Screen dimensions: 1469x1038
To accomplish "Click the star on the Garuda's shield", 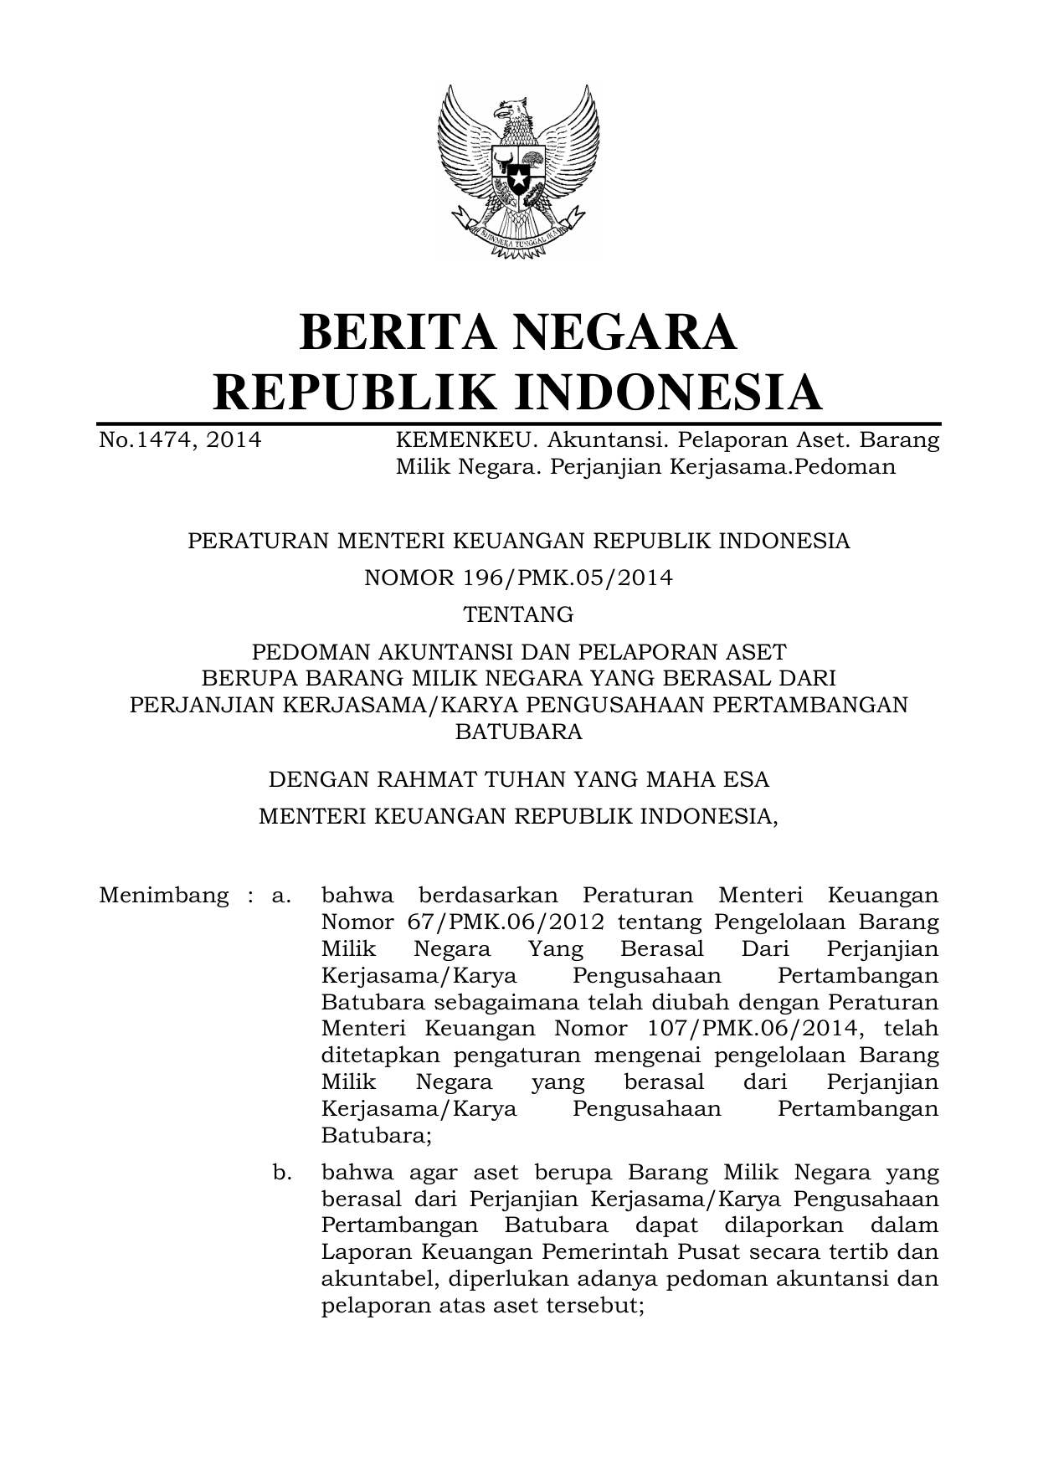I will tap(518, 178).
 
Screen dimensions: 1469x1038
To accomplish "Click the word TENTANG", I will tap(518, 614).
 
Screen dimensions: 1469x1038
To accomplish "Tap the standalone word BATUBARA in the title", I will tap(518, 732).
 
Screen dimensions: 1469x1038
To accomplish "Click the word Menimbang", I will tap(163, 896).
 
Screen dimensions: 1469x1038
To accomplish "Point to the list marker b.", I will tap(281, 1173).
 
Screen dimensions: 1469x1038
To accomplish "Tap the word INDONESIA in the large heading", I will tap(667, 393).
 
